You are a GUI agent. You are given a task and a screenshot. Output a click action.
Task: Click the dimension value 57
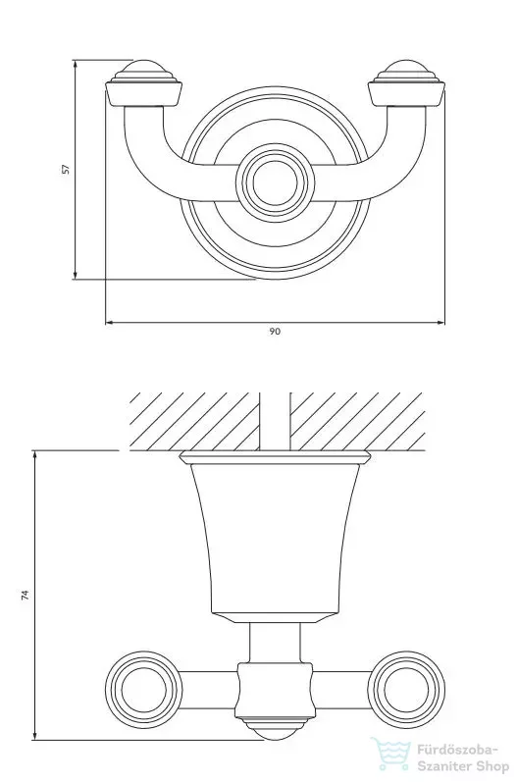coord(66,169)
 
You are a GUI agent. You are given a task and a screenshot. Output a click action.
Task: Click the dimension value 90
coord(275,332)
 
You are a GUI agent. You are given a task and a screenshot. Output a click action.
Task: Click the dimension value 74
coord(25,595)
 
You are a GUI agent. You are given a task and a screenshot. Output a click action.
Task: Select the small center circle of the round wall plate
coord(276,183)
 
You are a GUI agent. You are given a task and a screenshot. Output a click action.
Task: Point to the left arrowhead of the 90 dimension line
coord(110,323)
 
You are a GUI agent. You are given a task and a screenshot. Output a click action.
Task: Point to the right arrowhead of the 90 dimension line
coord(440,323)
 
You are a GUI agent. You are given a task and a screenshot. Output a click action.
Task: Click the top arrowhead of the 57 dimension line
coord(76,65)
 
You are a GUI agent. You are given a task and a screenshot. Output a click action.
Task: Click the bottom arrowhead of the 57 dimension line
coord(76,275)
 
